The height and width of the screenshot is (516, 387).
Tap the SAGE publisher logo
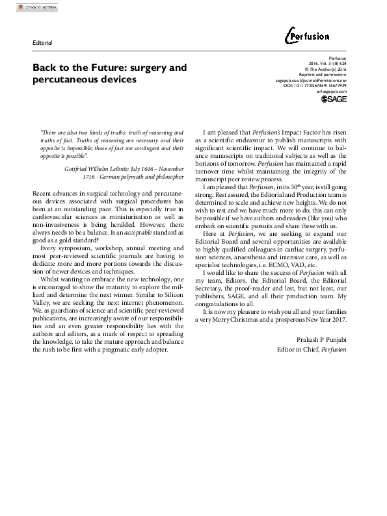pyautogui.click(x=334, y=99)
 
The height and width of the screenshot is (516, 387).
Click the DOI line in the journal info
pyautogui.click(x=315, y=85)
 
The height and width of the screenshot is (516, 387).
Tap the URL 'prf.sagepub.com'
pyautogui.click(x=331, y=92)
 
